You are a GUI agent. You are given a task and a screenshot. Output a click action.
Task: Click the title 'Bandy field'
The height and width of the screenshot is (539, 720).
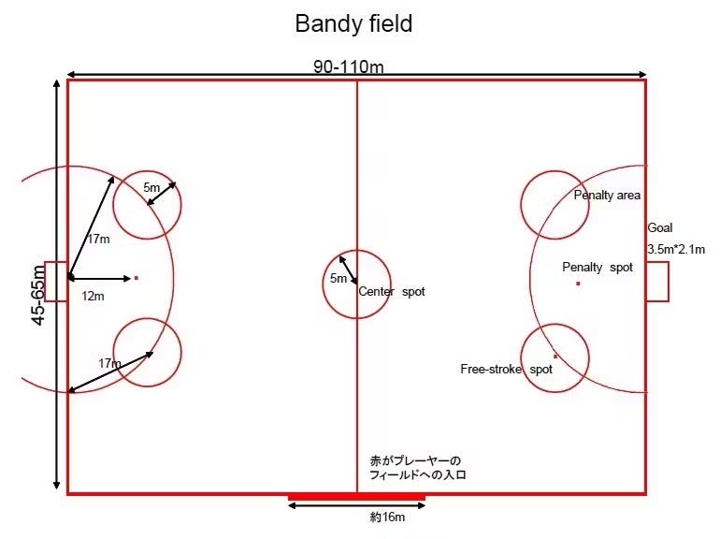point(353,23)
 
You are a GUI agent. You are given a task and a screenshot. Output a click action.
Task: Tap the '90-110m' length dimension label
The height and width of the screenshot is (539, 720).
point(348,66)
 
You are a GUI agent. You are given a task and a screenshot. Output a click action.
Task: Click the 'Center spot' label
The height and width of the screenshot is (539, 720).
point(392,292)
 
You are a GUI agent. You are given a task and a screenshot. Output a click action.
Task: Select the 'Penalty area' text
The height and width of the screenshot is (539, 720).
point(607,196)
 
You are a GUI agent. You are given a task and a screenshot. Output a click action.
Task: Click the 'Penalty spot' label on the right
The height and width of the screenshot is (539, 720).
point(598,268)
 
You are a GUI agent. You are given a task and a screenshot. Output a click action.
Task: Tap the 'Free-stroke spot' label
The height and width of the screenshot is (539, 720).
point(506,370)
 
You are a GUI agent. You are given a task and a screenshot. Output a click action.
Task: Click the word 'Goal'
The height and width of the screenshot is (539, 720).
point(660,228)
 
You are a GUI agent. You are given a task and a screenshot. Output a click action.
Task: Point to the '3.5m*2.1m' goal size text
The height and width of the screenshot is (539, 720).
point(680,249)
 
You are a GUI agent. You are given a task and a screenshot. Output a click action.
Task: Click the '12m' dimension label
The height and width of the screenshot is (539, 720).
point(93,296)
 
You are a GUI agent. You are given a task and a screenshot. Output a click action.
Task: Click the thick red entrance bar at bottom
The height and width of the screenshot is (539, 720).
point(356,496)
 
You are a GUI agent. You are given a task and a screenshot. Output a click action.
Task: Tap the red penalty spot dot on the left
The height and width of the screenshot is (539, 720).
point(136,278)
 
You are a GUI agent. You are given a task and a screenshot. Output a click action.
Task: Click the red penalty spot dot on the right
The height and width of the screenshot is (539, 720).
point(578,283)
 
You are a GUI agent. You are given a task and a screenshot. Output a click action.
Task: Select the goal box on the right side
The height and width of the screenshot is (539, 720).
point(657,282)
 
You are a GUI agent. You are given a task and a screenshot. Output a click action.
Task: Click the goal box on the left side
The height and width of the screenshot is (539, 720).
point(56,282)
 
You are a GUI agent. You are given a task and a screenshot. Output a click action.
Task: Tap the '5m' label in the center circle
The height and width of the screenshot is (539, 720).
point(338,279)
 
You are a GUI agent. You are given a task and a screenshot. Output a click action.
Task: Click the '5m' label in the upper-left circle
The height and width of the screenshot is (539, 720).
point(151,188)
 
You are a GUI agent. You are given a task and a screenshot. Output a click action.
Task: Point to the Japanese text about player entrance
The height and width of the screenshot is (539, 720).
point(417,468)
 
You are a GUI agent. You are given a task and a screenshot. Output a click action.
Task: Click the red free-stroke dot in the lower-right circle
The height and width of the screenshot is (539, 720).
point(555,356)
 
